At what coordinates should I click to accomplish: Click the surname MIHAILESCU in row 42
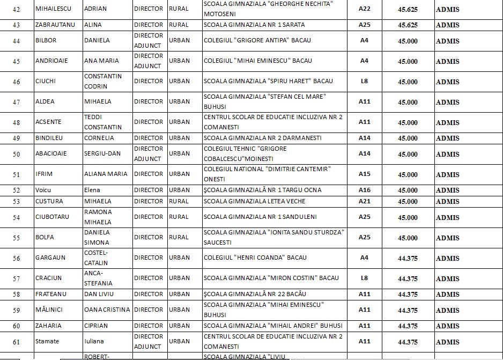55,9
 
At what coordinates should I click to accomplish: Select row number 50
17,154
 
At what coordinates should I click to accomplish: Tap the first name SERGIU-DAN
102,153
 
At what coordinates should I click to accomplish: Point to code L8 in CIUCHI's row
364,82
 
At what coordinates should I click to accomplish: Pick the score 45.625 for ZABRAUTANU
408,25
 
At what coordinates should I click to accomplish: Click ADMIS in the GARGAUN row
447,258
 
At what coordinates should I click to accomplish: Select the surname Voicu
44,190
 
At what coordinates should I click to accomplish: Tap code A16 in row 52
364,190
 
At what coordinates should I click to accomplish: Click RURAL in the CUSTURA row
179,201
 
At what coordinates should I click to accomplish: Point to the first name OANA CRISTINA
107,310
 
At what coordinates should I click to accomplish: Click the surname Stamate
47,341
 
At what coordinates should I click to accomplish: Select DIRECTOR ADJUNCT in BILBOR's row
148,41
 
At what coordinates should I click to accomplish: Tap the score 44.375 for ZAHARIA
408,326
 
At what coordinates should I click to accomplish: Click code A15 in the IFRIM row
364,174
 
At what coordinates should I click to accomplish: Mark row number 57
17,278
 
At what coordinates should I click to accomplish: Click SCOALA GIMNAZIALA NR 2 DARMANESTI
262,138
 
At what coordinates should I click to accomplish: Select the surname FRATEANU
51,294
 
